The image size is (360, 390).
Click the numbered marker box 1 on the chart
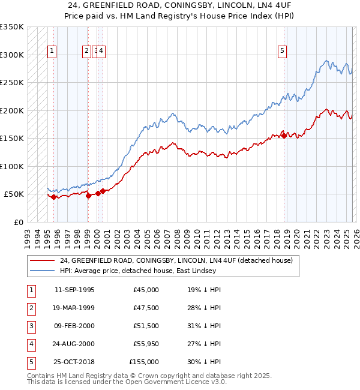52,52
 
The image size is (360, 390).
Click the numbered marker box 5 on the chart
282,52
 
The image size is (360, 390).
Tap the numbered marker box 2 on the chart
87,52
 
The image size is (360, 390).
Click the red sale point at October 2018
284,136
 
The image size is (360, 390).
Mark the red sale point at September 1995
54,197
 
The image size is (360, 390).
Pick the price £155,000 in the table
144,362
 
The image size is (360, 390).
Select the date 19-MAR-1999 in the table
74,308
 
